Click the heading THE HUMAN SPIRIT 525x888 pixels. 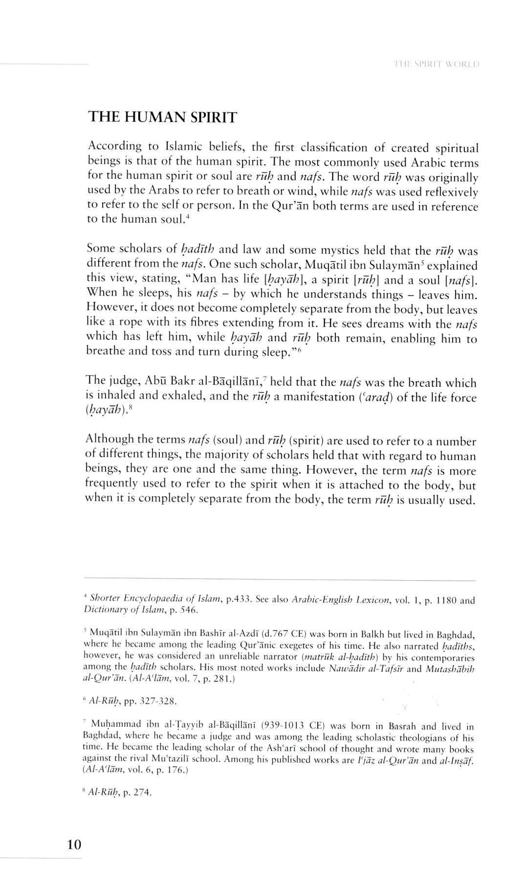[162, 117]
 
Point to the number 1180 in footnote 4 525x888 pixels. [445, 600]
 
